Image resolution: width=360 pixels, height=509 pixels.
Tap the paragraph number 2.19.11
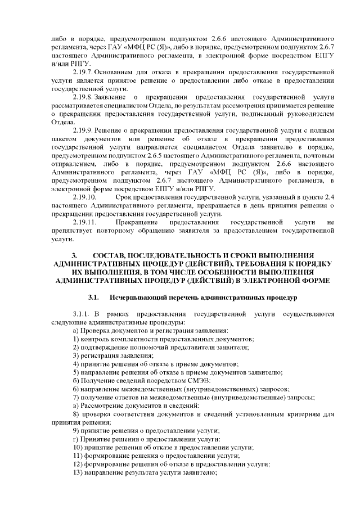pos(85,223)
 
